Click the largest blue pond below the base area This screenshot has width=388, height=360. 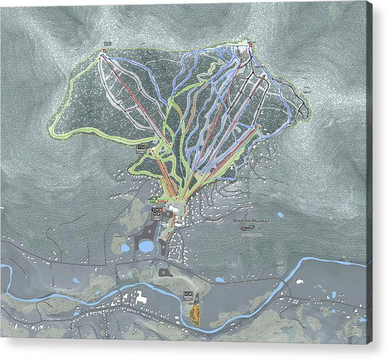coord(146,246)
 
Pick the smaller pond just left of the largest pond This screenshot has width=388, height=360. coord(125,248)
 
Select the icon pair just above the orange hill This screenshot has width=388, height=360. coord(188,294)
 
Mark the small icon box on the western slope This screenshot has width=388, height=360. coord(142,149)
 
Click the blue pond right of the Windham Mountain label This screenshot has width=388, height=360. coord(280,215)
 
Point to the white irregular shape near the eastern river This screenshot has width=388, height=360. coord(301,281)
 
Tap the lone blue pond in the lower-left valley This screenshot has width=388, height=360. coord(75,281)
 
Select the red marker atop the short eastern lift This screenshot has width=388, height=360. coord(258,125)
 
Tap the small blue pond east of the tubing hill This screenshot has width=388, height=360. coord(220,280)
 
